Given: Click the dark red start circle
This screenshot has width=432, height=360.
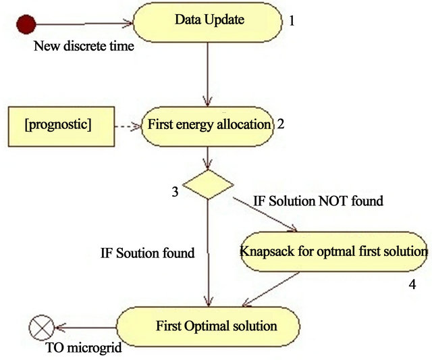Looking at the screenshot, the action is click(x=26, y=24).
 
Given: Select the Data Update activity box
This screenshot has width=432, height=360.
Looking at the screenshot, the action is click(x=208, y=22).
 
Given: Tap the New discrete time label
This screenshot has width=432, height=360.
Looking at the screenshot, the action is click(x=84, y=46).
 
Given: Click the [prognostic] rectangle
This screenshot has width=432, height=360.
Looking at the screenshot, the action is click(x=61, y=126).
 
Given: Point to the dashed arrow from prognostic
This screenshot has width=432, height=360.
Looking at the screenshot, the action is click(x=128, y=126).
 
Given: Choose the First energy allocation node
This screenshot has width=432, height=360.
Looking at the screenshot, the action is click(x=208, y=126).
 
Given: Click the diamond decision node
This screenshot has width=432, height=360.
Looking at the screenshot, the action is click(x=208, y=184).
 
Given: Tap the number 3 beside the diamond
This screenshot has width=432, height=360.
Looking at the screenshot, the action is click(x=175, y=192).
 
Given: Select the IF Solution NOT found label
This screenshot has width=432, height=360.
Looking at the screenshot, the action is click(x=318, y=201).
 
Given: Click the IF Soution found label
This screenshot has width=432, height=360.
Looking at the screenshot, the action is click(x=147, y=253).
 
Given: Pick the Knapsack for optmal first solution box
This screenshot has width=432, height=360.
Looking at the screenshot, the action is click(x=333, y=252).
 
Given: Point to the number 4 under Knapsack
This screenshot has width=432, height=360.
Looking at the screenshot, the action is click(x=412, y=284).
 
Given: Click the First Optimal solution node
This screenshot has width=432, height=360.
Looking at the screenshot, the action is click(x=208, y=327).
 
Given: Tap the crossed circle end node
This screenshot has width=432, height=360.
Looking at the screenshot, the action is click(x=42, y=328).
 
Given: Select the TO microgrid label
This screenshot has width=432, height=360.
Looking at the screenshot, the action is click(x=84, y=348).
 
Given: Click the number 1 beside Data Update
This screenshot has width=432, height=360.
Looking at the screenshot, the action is click(x=292, y=21).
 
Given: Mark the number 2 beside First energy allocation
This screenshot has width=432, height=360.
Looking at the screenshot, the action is click(x=280, y=124).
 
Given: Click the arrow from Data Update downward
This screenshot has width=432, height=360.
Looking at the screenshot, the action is click(x=207, y=74).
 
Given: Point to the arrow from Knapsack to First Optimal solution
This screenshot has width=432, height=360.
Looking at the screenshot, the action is click(x=271, y=290).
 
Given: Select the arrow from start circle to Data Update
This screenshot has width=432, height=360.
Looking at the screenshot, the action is click(x=84, y=24).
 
